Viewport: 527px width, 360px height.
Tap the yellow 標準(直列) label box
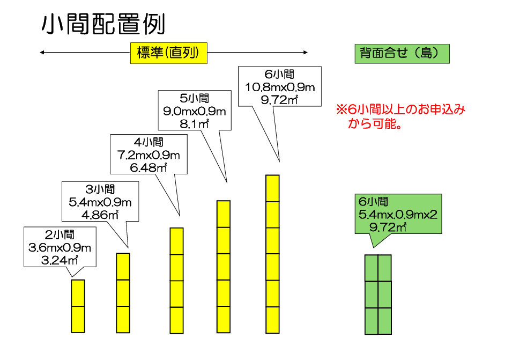(168, 53)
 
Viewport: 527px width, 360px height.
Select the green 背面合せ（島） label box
(402, 54)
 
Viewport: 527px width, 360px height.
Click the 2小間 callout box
(60, 247)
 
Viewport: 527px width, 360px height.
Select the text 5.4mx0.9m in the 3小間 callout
(100, 202)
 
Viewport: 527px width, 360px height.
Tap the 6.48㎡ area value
(149, 168)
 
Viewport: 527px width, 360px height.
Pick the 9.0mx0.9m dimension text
(195, 112)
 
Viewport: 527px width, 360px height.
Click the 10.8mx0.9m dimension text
(279, 87)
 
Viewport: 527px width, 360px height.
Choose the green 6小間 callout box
(398, 214)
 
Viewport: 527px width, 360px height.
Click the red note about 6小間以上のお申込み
(400, 116)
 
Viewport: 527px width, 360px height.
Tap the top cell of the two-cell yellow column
(78, 293)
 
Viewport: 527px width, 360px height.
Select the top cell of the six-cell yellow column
(273, 188)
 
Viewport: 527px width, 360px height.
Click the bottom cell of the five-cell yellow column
(224, 320)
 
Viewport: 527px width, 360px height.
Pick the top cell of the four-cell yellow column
(177, 241)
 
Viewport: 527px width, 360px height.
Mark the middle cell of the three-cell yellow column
(123, 293)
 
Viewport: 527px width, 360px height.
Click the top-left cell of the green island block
(372, 268)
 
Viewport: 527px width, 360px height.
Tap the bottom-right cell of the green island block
(385, 320)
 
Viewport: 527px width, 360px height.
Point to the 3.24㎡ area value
(60, 261)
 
